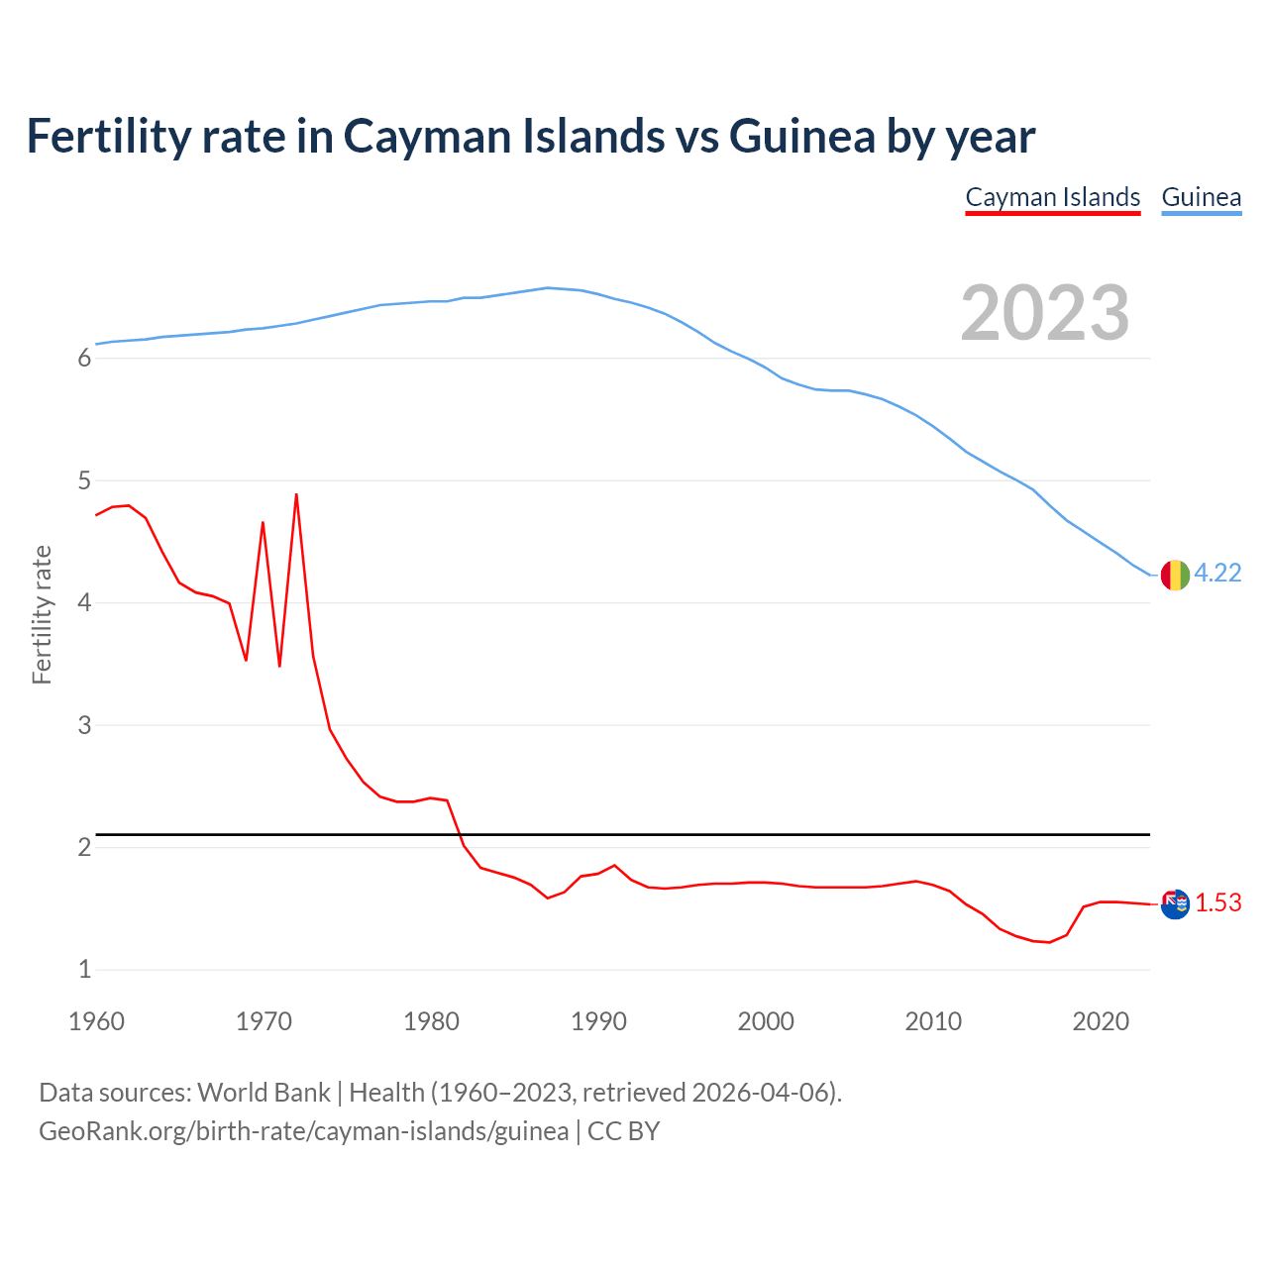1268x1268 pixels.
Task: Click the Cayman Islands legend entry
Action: [x=1052, y=197]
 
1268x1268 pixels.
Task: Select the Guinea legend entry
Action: [x=1201, y=197]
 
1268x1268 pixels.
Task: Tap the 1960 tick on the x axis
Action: [x=96, y=1021]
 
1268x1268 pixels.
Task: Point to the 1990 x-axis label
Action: [x=598, y=1021]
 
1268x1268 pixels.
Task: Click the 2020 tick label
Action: [x=1101, y=1021]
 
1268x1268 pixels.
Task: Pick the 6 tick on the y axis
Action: [x=84, y=359]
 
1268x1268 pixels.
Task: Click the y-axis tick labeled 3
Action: [x=84, y=725]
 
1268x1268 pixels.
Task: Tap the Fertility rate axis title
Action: [x=42, y=614]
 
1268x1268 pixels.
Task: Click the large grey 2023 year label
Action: [x=1044, y=313]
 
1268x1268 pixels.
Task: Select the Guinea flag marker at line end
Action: [x=1175, y=575]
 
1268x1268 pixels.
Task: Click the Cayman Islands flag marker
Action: [x=1175, y=903]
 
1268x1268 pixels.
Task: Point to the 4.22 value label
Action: [x=1217, y=574]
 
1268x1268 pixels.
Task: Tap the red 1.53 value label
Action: [x=1217, y=902]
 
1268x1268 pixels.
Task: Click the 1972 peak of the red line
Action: [x=296, y=494]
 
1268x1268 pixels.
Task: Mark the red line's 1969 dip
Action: [x=246, y=660]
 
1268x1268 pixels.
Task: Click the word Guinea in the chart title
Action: [x=802, y=136]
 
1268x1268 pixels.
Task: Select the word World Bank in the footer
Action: [x=264, y=1092]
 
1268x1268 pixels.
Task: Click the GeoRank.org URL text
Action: [x=303, y=1131]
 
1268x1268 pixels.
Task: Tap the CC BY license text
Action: [x=623, y=1131]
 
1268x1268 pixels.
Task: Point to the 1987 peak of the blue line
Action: [x=548, y=288]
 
